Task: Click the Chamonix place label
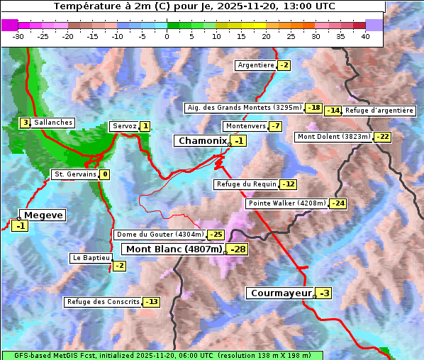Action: point(201,141)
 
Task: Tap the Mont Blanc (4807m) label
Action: point(174,249)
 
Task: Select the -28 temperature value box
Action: point(238,249)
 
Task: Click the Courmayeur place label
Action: point(281,293)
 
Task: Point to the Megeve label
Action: point(43,215)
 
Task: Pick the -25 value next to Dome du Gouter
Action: point(216,235)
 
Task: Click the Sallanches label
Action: point(53,123)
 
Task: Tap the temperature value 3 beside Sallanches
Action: point(25,123)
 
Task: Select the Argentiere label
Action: point(256,65)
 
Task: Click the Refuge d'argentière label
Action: point(379,110)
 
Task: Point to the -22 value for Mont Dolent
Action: point(382,137)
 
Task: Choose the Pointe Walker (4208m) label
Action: point(286,203)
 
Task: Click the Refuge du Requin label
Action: point(246,184)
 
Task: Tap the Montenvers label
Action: point(245,126)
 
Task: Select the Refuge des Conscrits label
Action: point(103,302)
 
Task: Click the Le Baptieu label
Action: point(90,258)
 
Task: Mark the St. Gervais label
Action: point(75,174)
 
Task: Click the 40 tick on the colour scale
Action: point(365,36)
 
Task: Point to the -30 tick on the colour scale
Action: point(18,36)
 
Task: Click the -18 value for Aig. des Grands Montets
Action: point(313,108)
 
